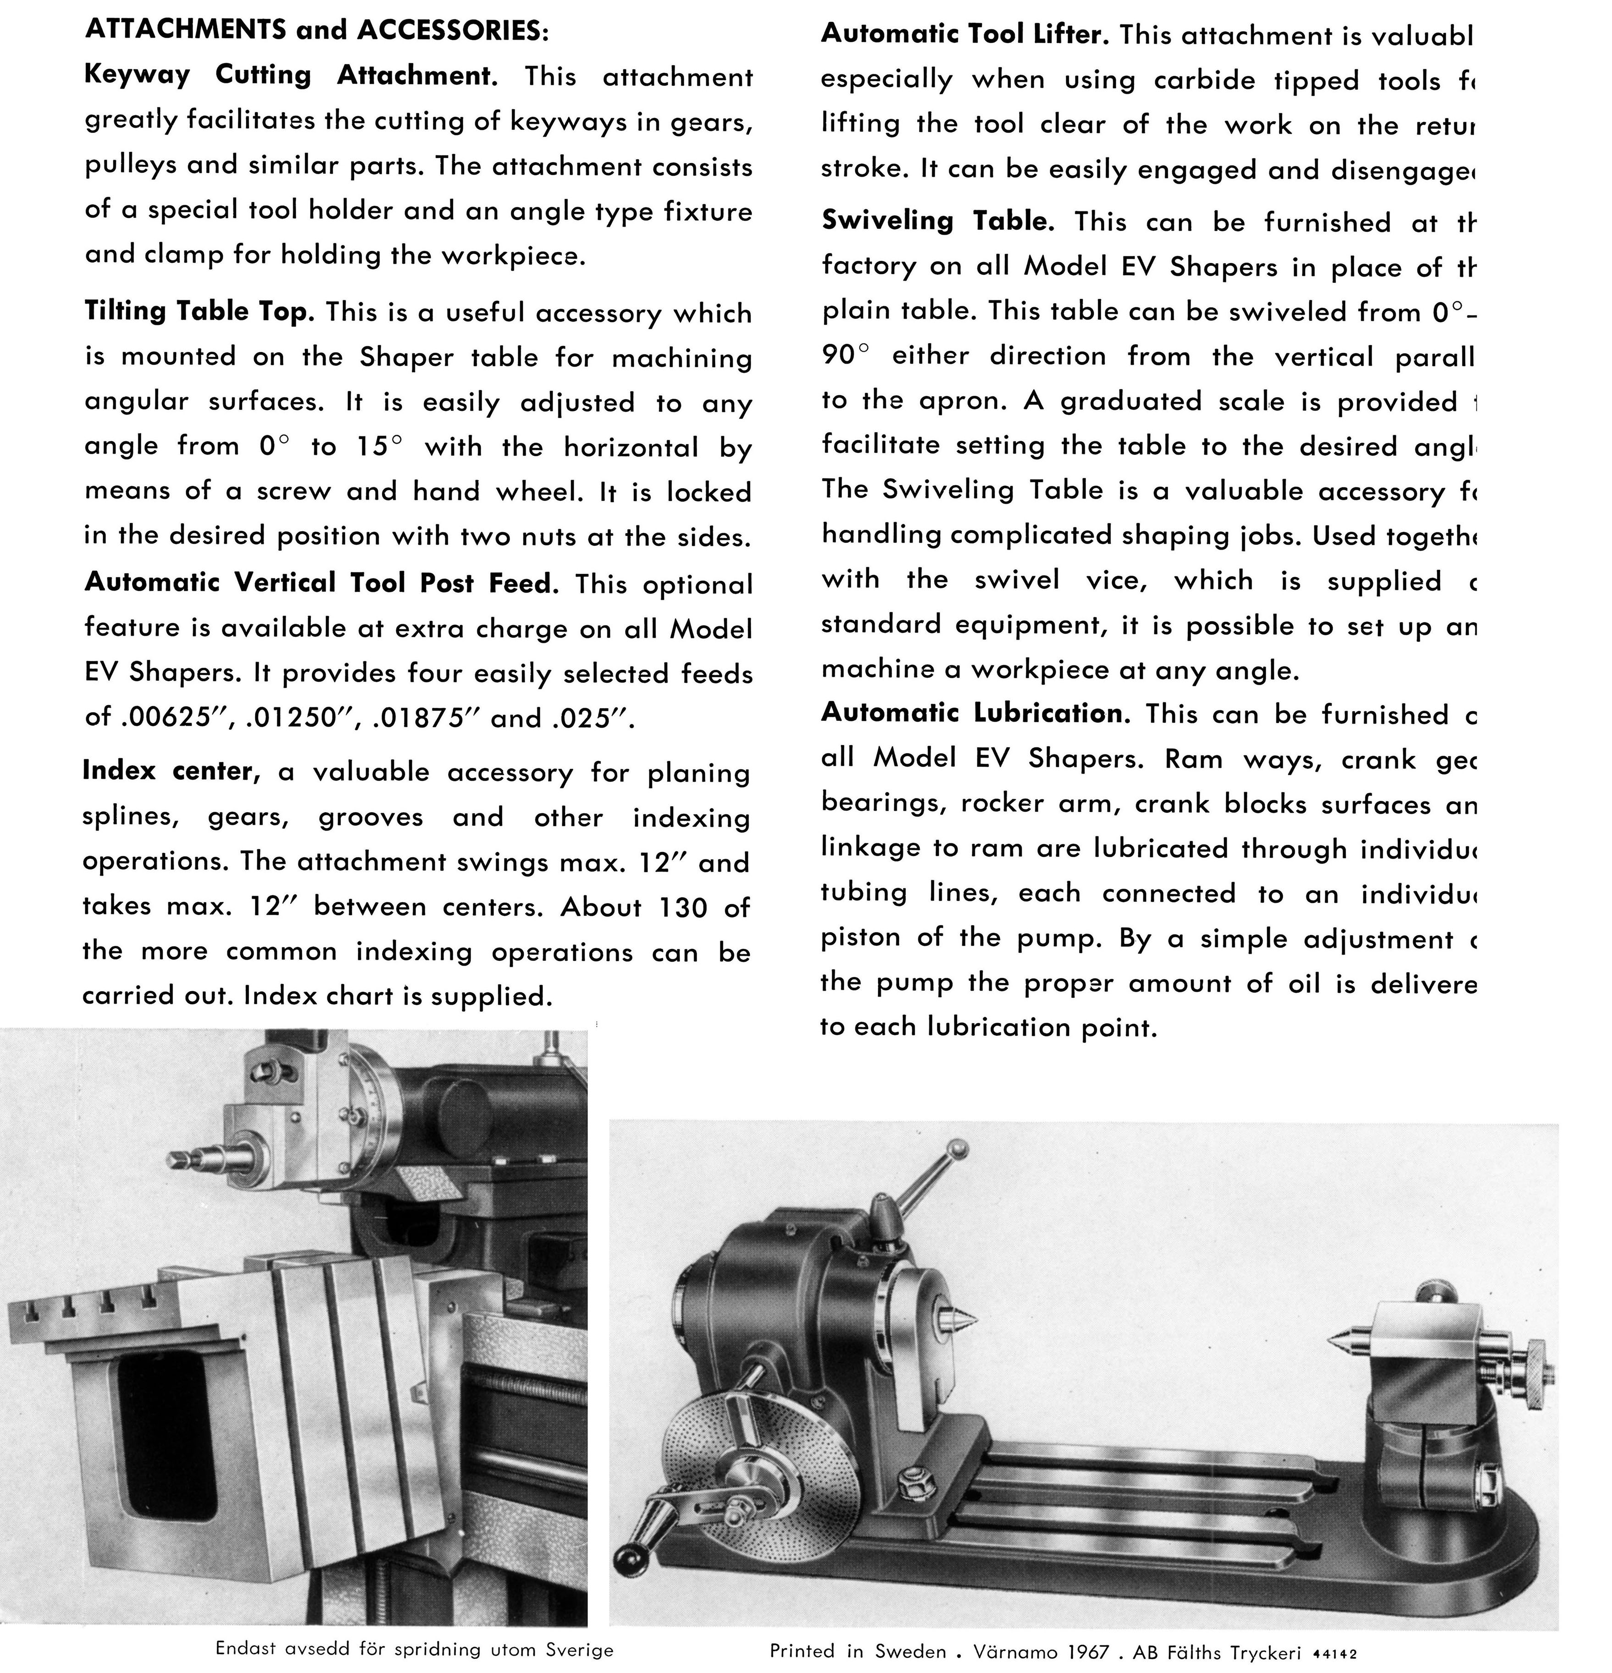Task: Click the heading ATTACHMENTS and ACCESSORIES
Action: point(316,31)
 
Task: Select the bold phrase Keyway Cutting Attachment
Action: point(290,75)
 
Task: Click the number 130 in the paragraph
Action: point(683,907)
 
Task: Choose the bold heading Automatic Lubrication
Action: point(975,713)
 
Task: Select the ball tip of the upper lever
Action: point(959,1148)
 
